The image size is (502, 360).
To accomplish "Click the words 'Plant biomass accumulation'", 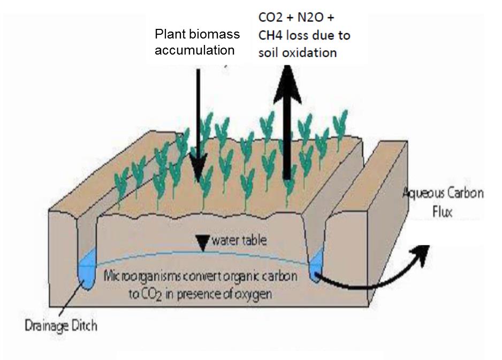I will [197, 42].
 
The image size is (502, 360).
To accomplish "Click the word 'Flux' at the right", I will [442, 212].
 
